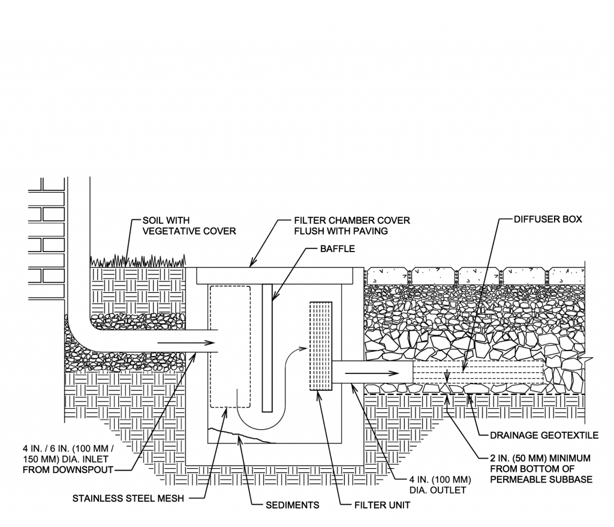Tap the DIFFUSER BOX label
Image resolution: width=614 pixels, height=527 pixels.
pyautogui.click(x=547, y=220)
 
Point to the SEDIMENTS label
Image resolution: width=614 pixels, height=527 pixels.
pyautogui.click(x=293, y=505)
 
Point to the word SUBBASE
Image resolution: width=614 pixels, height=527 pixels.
pyautogui.click(x=570, y=480)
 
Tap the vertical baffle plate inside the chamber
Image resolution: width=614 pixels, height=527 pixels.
pyautogui.click(x=267, y=348)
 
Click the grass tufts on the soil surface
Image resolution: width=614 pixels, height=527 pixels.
pyautogui.click(x=138, y=260)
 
